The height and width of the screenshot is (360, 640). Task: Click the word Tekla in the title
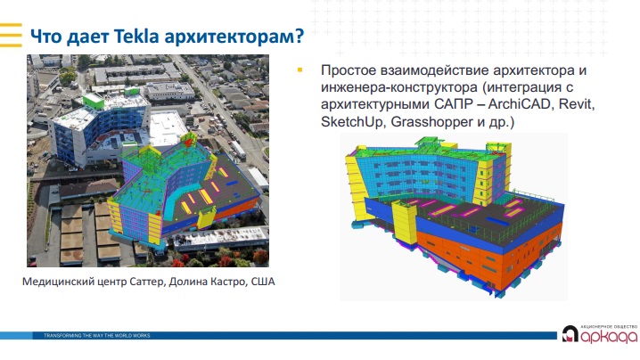(136, 36)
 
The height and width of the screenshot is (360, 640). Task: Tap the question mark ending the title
(299, 36)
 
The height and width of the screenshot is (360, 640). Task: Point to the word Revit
(577, 104)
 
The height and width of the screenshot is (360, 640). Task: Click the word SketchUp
(351, 121)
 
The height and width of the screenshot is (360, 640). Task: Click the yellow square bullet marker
(300, 70)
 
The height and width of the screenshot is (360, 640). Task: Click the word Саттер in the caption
(147, 282)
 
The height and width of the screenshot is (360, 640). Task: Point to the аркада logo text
(609, 336)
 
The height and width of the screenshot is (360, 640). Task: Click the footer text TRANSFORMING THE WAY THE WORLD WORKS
(97, 336)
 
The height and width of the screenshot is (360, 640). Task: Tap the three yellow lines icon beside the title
(11, 35)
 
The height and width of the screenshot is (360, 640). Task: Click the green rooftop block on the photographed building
(93, 102)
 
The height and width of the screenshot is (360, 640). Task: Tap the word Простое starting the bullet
(349, 70)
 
